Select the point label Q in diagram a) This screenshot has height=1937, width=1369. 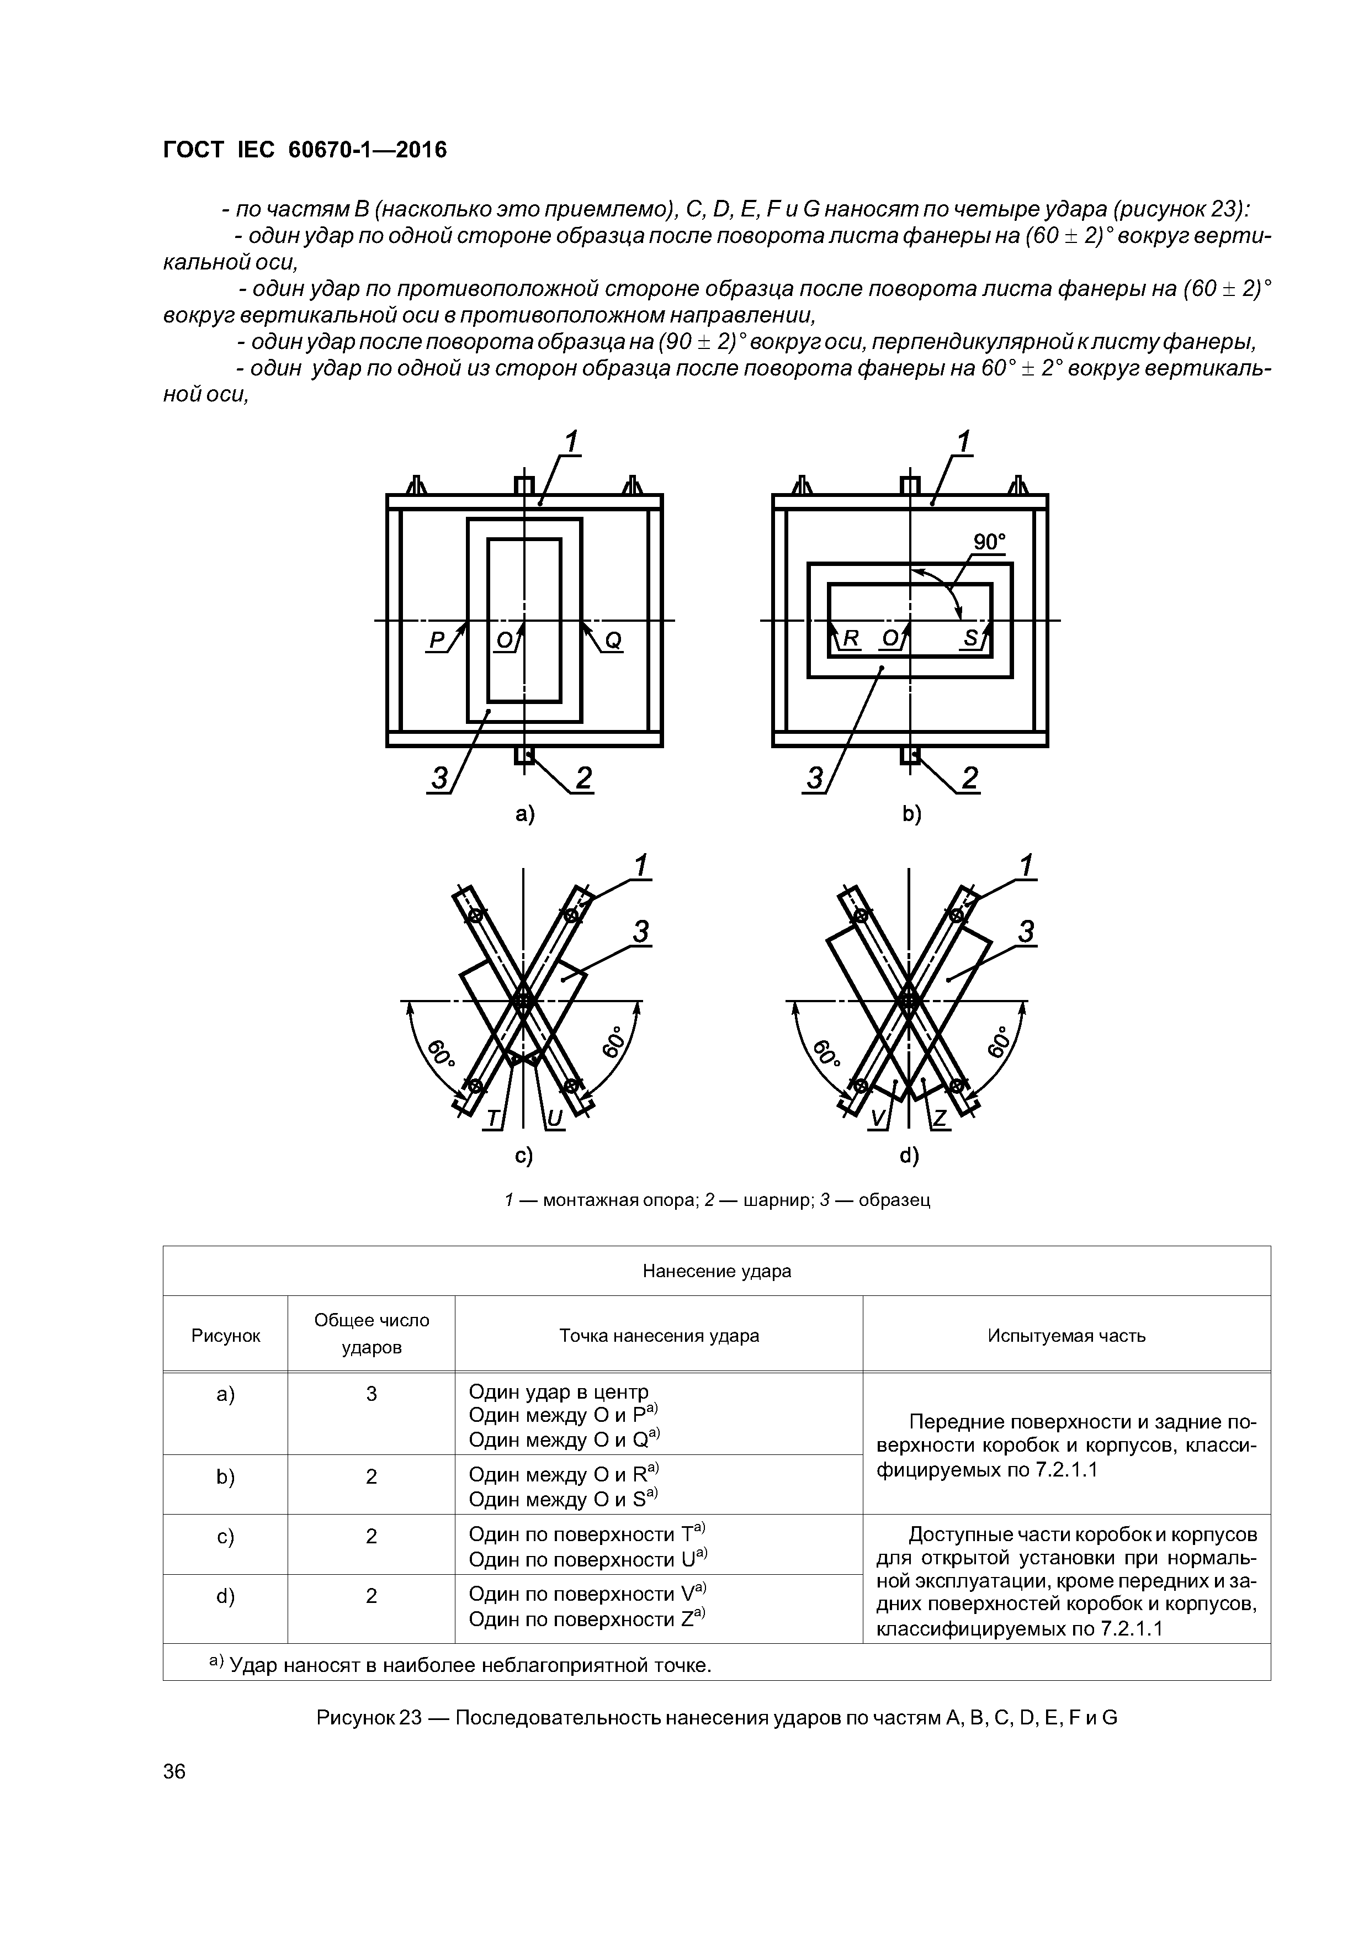pyautogui.click(x=613, y=641)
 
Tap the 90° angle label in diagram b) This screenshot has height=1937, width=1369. pyautogui.click(x=989, y=542)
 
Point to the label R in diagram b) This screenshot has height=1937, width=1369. pyautogui.click(x=850, y=639)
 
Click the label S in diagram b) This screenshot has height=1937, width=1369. pyautogui.click(x=971, y=639)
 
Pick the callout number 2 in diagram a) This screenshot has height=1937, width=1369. pyautogui.click(x=583, y=778)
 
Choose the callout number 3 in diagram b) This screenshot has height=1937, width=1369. pyautogui.click(x=815, y=778)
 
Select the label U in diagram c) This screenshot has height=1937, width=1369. pyautogui.click(x=554, y=1119)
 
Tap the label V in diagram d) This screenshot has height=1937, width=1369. pyautogui.click(x=877, y=1119)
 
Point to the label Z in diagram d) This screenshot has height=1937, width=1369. pyautogui.click(x=940, y=1119)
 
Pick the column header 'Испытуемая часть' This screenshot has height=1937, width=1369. pyautogui.click(x=1066, y=1336)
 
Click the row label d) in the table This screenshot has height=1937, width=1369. pyautogui.click(x=225, y=1596)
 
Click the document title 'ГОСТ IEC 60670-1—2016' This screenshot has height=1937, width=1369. pyautogui.click(x=305, y=150)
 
